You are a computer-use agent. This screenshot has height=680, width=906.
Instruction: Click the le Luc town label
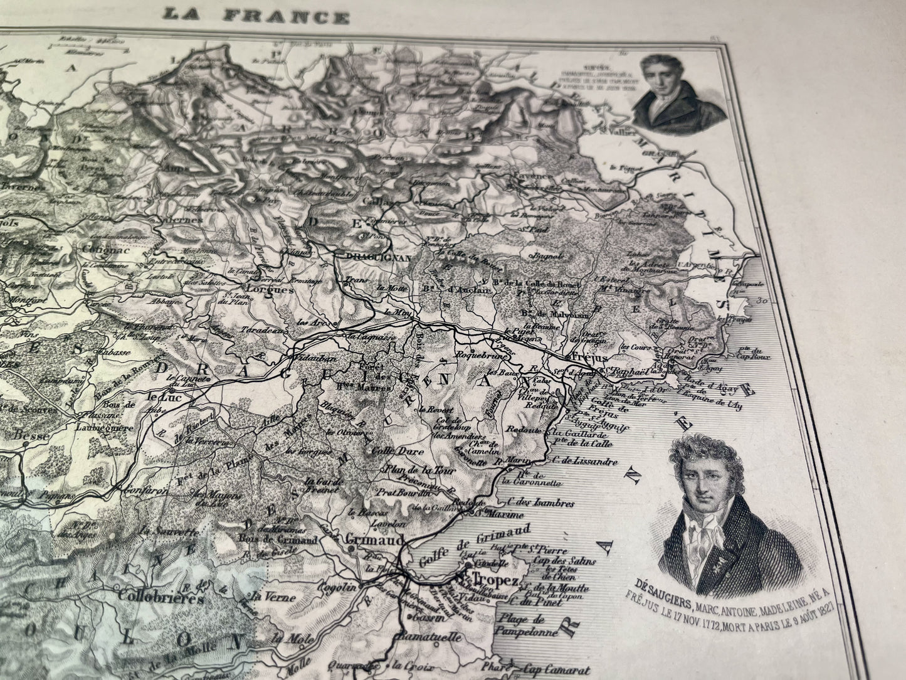pos(159,397)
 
